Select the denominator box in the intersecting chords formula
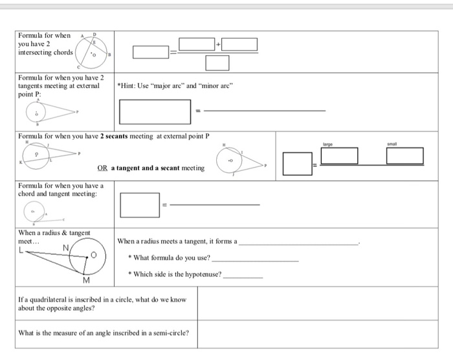click(x=218, y=63)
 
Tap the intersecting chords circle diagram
click(x=93, y=52)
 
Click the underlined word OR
click(x=102, y=168)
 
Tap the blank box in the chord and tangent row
click(x=140, y=205)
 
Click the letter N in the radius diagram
click(x=65, y=247)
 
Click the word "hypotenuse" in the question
click(x=203, y=275)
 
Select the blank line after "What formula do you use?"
click(x=255, y=260)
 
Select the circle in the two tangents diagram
click(x=38, y=111)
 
